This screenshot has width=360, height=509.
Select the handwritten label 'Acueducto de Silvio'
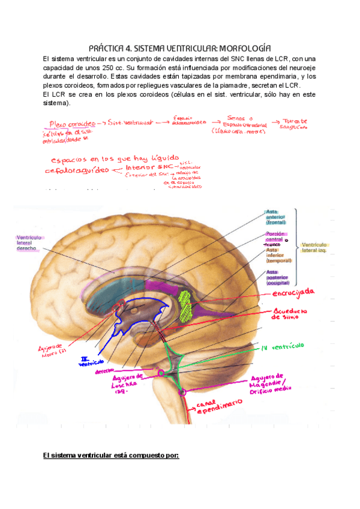click(290, 314)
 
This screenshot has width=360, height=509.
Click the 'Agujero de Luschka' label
click(128, 382)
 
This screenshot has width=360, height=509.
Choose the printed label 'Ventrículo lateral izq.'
click(322, 248)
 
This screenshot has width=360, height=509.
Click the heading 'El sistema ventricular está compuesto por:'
click(111, 456)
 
